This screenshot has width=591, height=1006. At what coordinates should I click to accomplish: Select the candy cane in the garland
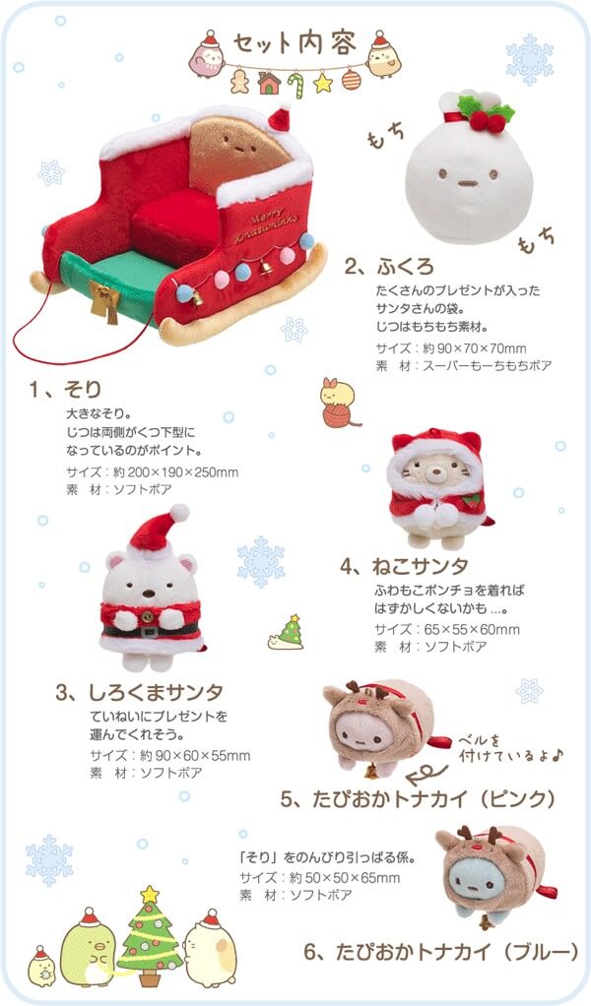coord(295,85)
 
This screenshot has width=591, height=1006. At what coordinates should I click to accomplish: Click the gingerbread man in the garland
coord(240,81)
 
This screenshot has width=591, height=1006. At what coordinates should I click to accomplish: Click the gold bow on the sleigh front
coord(103,299)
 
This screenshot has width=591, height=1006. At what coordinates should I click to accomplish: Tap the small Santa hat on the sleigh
coord(279,118)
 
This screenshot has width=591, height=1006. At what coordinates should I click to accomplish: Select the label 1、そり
coord(65,389)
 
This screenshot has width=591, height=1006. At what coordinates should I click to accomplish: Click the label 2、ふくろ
coord(389,266)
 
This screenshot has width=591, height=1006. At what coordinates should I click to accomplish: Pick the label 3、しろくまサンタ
coord(139,692)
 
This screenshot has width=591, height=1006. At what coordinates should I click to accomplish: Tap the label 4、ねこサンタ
coord(404,566)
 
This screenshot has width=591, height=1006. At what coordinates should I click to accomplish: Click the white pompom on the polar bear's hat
coord(179,513)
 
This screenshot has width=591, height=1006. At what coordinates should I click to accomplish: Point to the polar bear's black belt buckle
coord(150,631)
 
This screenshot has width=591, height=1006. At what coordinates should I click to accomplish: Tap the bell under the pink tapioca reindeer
coord(371,766)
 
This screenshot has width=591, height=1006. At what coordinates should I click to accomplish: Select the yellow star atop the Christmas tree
coord(150,894)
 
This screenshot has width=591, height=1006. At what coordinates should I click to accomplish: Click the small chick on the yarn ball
coord(338,392)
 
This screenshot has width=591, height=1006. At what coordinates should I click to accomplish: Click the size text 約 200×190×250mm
coord(175,472)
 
